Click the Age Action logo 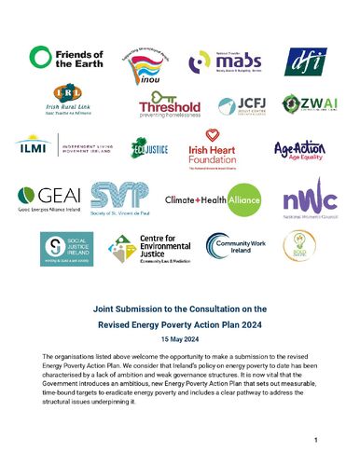pos(298,150)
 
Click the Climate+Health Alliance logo pos(214,199)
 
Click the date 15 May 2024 pos(179,338)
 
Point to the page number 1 pos(317,439)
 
